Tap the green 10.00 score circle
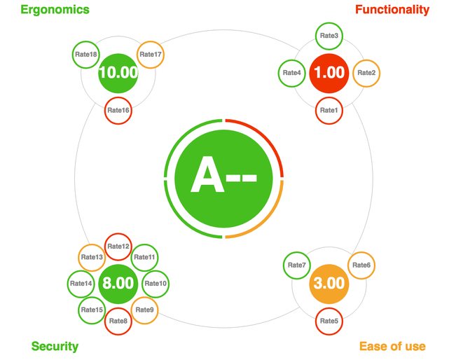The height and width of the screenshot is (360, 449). coord(118,72)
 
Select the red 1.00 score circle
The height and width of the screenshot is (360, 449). coord(329,72)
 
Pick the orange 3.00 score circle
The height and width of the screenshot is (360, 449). coord(329,284)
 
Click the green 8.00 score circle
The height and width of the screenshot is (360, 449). coord(118,284)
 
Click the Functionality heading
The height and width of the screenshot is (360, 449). coord(392,10)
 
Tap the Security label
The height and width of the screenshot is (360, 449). coord(55,346)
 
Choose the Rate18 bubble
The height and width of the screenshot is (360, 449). coord(86,53)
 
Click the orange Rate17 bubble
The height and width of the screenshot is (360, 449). coord(150,54)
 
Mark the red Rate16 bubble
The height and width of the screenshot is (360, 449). coord(118,110)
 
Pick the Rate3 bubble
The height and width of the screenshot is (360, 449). coord(329,35)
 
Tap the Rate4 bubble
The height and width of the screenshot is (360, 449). coord(291,72)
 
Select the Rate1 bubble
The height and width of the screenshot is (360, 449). coord(329,110)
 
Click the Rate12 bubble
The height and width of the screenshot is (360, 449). coord(118,247)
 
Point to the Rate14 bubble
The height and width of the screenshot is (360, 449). coord(81,284)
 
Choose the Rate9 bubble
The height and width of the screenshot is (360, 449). coord(144,310)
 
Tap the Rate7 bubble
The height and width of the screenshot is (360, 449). coord(297,265)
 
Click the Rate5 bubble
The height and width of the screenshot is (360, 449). coord(329,321)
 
